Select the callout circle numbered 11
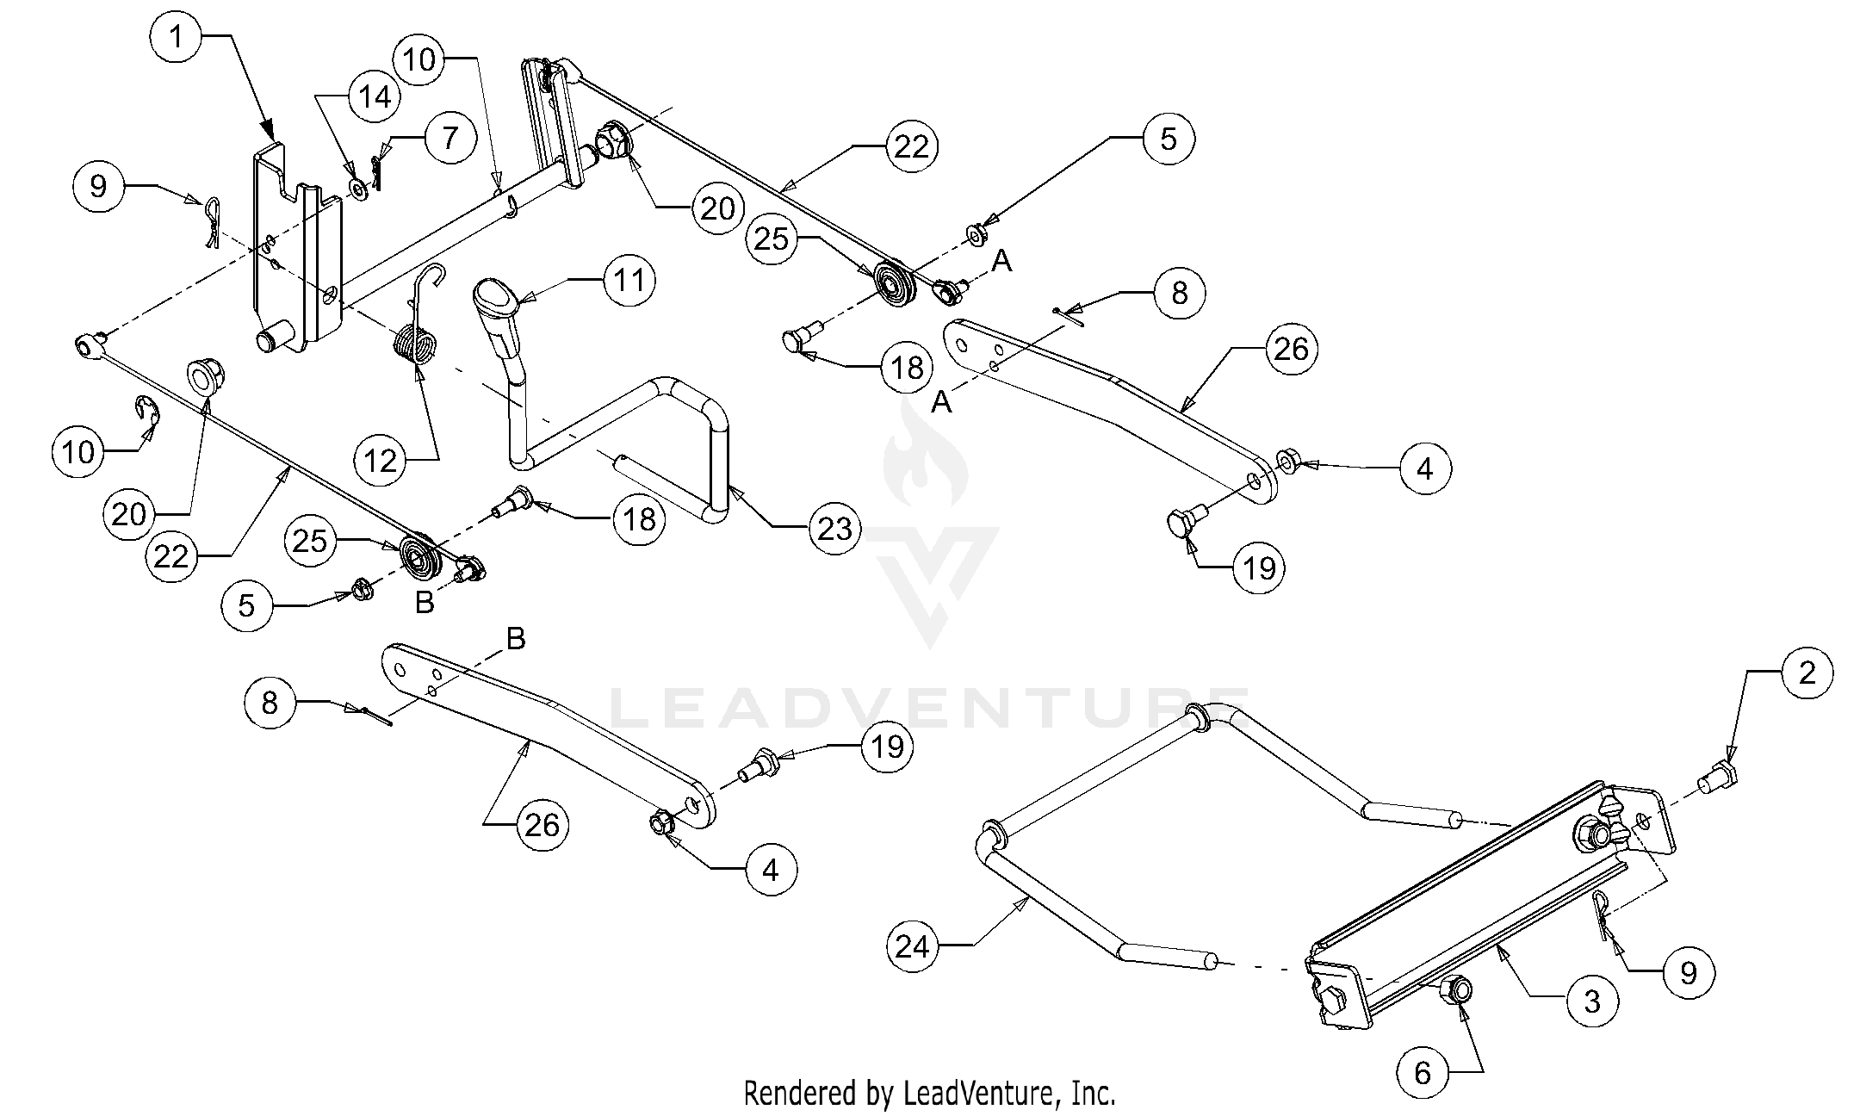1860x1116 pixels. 629,281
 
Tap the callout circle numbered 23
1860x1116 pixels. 834,529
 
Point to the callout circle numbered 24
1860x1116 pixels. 913,946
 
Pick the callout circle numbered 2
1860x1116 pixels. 1807,673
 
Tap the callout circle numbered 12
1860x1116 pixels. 381,462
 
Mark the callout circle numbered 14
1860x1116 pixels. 375,96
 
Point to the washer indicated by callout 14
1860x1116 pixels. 357,188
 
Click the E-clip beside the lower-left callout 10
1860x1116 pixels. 149,411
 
